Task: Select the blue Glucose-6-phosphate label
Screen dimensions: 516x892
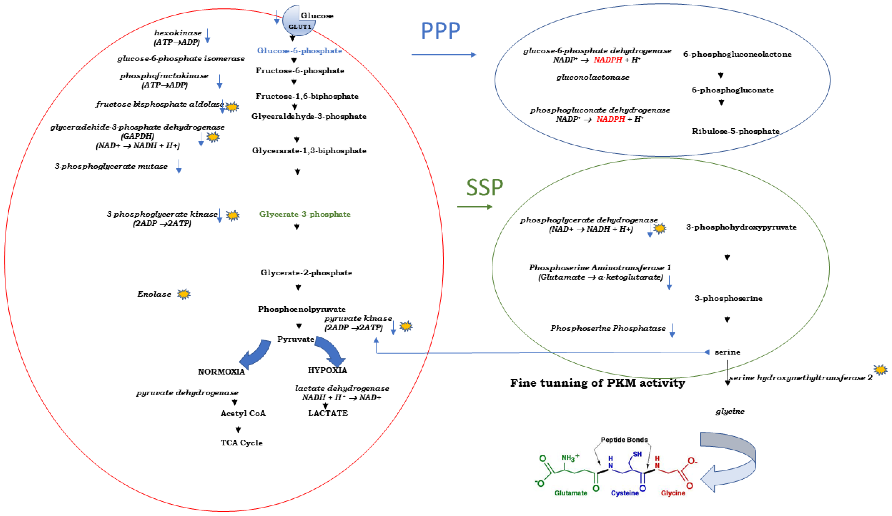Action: click(x=299, y=51)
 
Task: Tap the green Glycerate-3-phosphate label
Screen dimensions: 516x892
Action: click(x=305, y=214)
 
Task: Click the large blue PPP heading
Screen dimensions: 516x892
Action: click(x=440, y=31)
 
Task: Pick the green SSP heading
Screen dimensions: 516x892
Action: click(x=484, y=187)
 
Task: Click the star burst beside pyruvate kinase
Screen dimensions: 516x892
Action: click(x=406, y=326)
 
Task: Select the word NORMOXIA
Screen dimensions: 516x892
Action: click(x=221, y=372)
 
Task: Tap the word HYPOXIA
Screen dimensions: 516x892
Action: click(x=327, y=370)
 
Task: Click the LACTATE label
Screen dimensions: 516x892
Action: click(x=328, y=413)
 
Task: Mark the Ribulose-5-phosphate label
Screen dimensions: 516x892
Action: click(x=735, y=131)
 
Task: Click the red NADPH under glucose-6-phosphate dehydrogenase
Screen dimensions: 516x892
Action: click(x=608, y=60)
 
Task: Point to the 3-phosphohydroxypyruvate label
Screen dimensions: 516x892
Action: click(x=741, y=227)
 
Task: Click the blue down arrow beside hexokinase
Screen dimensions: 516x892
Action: click(x=208, y=36)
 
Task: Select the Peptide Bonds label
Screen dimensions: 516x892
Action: click(x=624, y=440)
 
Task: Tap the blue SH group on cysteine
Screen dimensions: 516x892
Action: click(x=637, y=454)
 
